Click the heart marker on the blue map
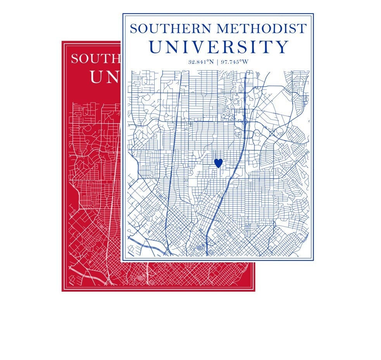(219, 163)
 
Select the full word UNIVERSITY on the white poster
(219, 47)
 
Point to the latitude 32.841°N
(202, 62)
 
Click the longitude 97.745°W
(234, 62)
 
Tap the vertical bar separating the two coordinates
(218, 62)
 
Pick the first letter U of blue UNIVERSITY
(156, 47)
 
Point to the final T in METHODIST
(302, 29)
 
